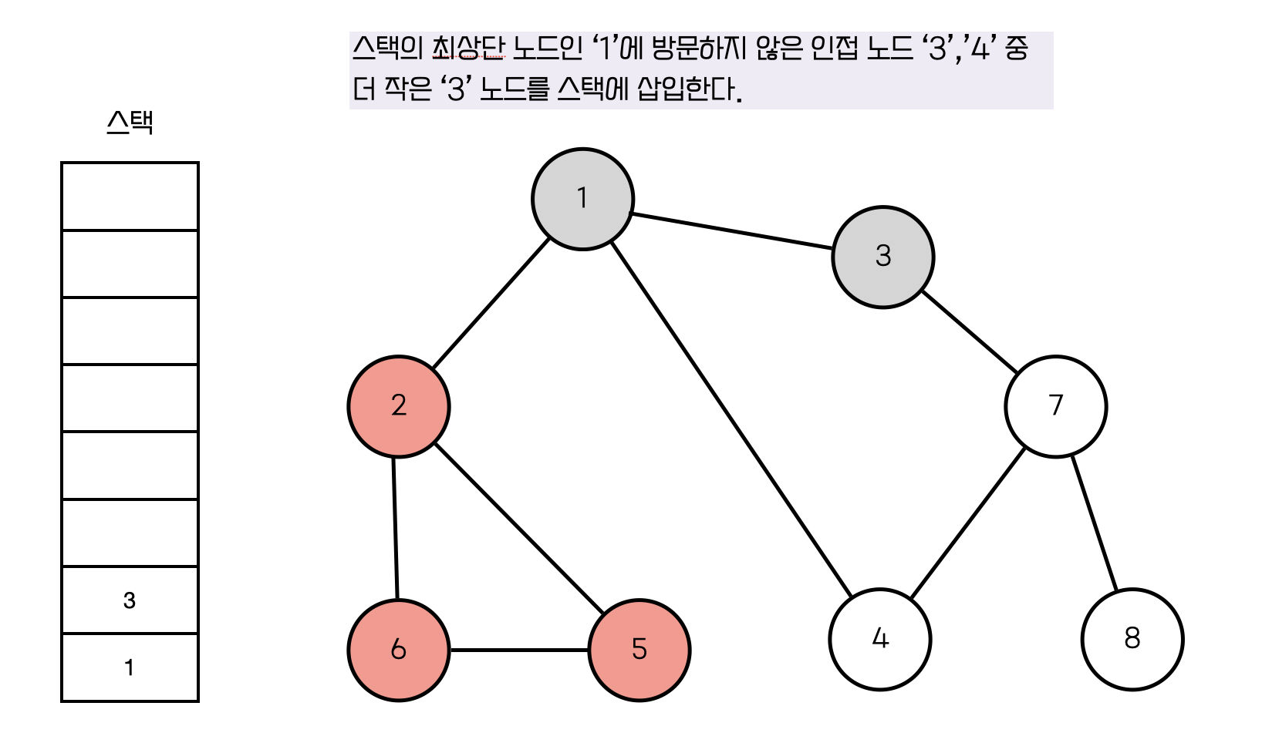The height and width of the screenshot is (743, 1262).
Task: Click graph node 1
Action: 582,199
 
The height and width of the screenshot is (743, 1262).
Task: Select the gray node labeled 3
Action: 882,257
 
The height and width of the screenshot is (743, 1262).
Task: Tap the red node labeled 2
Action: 398,406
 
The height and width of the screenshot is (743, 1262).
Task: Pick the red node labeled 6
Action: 398,650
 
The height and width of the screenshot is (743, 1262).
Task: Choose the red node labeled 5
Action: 639,650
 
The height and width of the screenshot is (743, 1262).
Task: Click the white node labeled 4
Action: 879,639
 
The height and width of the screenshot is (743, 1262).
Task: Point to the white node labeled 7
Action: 1055,406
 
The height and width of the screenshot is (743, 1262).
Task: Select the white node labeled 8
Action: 1132,639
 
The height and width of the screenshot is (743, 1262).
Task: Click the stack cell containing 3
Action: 130,600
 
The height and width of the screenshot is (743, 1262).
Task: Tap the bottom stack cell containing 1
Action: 130,667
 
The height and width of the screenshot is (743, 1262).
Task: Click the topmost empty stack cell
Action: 130,197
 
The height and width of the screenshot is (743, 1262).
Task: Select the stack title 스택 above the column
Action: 130,123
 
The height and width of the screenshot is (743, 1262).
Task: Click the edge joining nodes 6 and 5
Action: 518,650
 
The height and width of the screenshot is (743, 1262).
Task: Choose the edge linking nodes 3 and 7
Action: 970,331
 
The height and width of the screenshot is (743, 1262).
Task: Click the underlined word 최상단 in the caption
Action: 468,49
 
